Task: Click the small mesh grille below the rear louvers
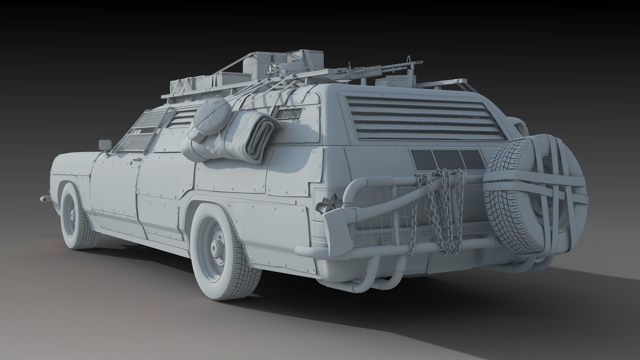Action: (x=447, y=159)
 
